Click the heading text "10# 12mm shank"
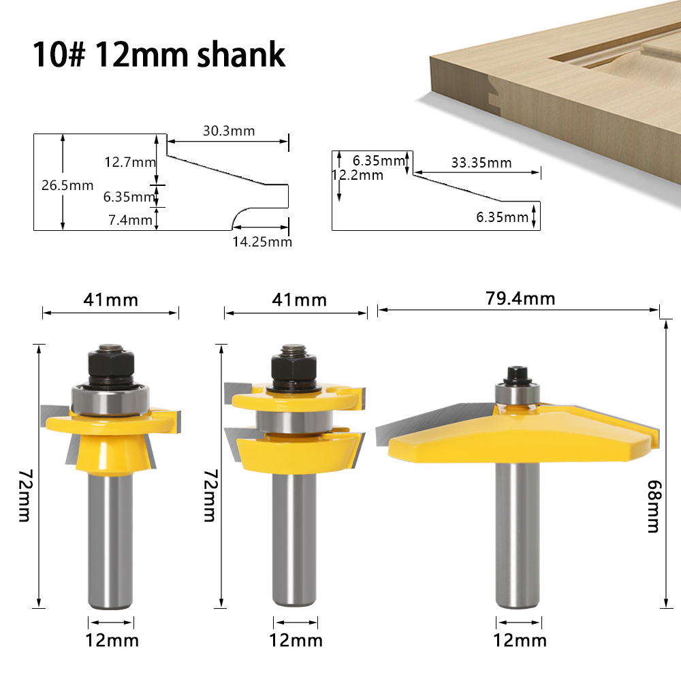[x=159, y=54]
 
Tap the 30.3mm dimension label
[x=228, y=131]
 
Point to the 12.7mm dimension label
[x=129, y=162]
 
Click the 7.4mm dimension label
[x=129, y=219]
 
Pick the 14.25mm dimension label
[x=262, y=241]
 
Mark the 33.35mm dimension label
[x=481, y=163]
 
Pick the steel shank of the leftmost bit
[x=111, y=538]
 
